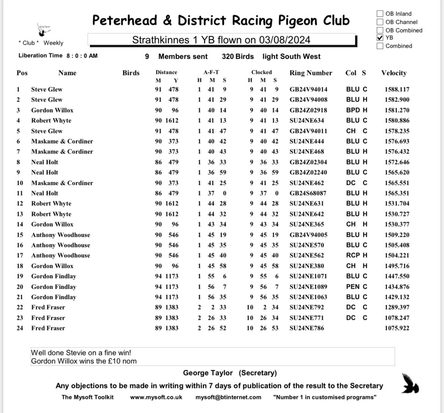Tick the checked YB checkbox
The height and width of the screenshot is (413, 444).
380,38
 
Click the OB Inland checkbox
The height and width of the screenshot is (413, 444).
380,14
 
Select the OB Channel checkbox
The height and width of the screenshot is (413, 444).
380,22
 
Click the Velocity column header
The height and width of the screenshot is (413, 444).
394,73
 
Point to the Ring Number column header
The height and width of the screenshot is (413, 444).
310,73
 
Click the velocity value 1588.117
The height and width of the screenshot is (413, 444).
397,89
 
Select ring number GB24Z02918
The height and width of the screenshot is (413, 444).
308,110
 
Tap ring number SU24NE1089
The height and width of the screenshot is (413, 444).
308,287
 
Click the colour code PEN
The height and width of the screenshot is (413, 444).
353,287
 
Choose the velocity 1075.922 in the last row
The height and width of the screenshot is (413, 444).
397,328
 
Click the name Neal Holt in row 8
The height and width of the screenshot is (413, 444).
44,162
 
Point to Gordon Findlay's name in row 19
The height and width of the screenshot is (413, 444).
54,276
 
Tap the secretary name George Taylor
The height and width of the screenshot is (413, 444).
208,373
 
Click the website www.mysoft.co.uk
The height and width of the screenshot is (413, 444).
156,397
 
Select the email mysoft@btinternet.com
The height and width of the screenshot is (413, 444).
228,397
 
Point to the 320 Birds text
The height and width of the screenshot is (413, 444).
238,56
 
